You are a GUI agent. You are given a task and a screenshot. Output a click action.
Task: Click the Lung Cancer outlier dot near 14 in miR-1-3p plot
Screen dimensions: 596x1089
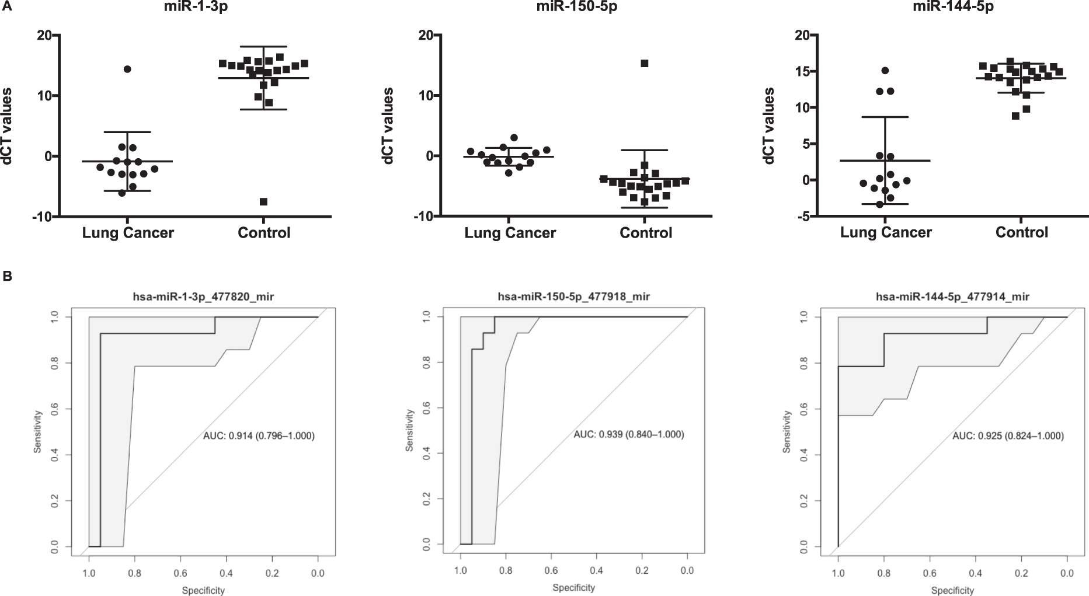(127, 69)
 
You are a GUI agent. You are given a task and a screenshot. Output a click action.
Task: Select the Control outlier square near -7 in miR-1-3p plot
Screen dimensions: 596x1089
(263, 201)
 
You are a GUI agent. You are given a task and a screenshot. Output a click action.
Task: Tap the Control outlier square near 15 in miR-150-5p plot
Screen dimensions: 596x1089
(645, 63)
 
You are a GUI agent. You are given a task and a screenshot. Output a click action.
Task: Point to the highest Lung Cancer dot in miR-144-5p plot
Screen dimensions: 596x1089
(885, 71)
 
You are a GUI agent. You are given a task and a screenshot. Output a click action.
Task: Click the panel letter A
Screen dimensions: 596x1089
(7, 6)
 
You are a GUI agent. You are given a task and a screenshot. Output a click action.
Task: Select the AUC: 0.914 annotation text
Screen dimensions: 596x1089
(259, 435)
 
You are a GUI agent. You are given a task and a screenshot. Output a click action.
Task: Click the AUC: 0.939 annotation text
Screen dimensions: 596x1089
(628, 434)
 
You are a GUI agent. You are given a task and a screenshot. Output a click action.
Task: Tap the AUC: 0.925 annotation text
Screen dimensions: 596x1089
(1008, 436)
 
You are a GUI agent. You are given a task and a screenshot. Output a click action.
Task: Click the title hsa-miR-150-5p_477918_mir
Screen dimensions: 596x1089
(573, 297)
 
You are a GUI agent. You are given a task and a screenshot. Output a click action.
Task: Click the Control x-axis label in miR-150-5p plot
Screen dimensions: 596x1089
(646, 233)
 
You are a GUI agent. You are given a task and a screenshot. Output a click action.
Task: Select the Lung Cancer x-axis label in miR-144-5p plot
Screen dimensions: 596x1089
(886, 232)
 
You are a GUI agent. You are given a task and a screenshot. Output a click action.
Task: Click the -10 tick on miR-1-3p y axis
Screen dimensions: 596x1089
(40, 217)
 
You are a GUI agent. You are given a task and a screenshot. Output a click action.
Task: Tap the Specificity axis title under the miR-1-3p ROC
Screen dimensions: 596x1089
(203, 590)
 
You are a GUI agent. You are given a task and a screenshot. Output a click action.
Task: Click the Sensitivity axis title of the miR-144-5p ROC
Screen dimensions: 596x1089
(787, 432)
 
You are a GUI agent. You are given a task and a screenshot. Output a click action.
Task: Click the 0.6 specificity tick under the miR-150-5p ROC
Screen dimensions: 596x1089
(551, 570)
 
